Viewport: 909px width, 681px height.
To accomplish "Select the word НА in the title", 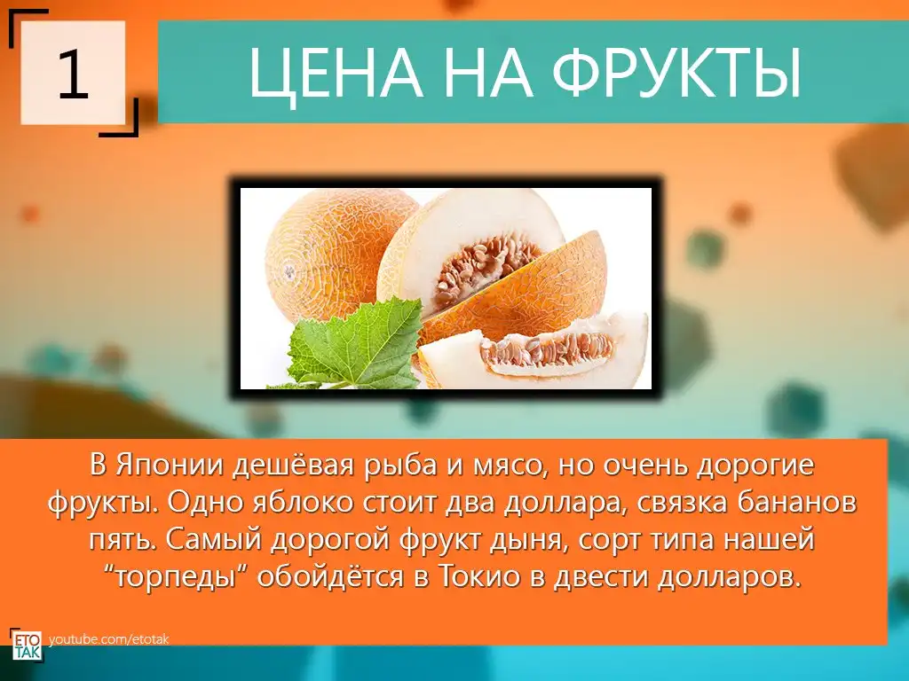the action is [x=487, y=73].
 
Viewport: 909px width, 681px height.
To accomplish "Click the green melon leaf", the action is [x=360, y=344].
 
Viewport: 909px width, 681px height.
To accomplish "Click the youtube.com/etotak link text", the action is [x=109, y=639].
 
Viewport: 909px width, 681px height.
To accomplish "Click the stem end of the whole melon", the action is [x=289, y=271].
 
